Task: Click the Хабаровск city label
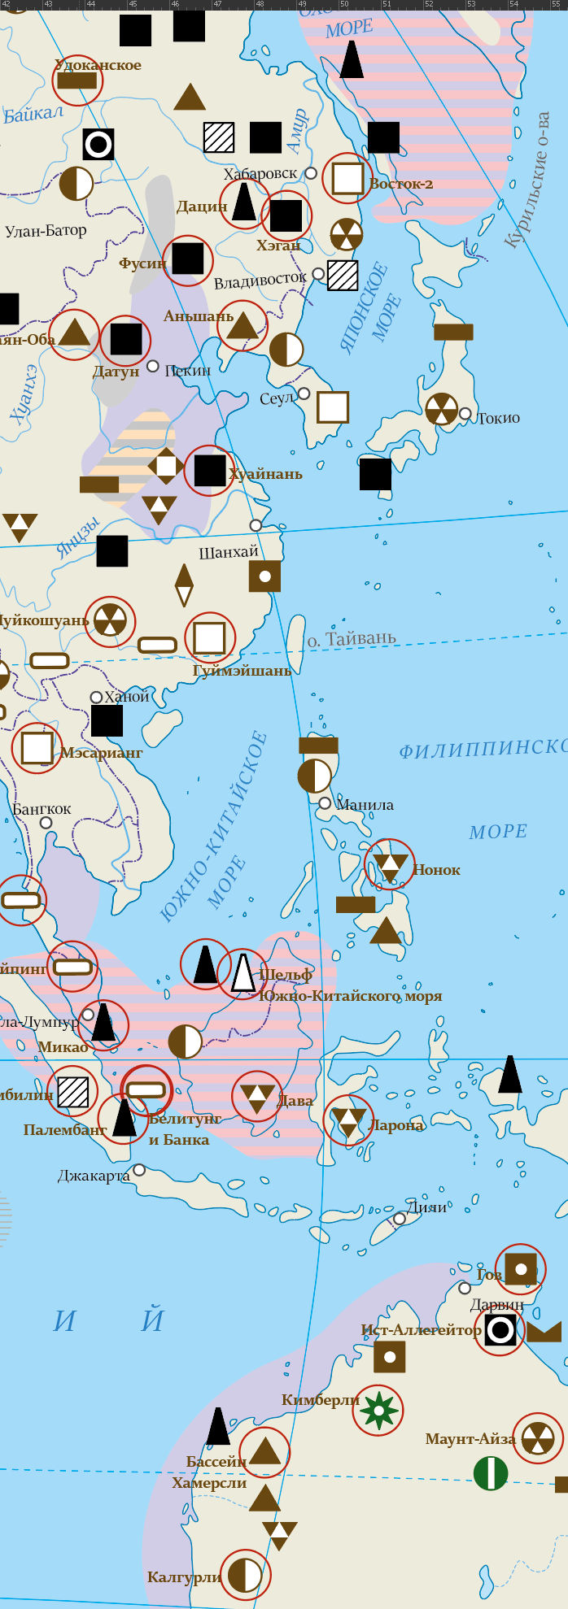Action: pyautogui.click(x=260, y=174)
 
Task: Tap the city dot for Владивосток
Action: pyautogui.click(x=318, y=274)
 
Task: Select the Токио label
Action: pyautogui.click(x=498, y=418)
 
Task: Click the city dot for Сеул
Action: pyautogui.click(x=304, y=394)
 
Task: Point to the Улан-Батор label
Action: pyautogui.click(x=46, y=231)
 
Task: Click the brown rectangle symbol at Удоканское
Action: pyautogui.click(x=77, y=80)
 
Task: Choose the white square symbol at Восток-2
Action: pyautogui.click(x=347, y=179)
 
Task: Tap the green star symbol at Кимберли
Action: pyautogui.click(x=378, y=1411)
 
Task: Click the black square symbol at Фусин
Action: pyautogui.click(x=188, y=259)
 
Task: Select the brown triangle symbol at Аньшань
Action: pyautogui.click(x=242, y=326)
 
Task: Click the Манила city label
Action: pyautogui.click(x=365, y=805)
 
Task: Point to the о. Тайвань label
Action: pyautogui.click(x=352, y=638)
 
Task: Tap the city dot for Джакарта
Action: pyautogui.click(x=139, y=1170)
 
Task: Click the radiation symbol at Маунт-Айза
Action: pyautogui.click(x=538, y=1438)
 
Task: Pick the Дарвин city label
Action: pyautogui.click(x=497, y=1305)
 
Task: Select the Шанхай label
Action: pyautogui.click(x=229, y=553)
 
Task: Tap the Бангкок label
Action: pyautogui.click(x=42, y=810)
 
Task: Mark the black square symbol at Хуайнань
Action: pyautogui.click(x=210, y=471)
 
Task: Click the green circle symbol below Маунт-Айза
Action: pyautogui.click(x=491, y=1473)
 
